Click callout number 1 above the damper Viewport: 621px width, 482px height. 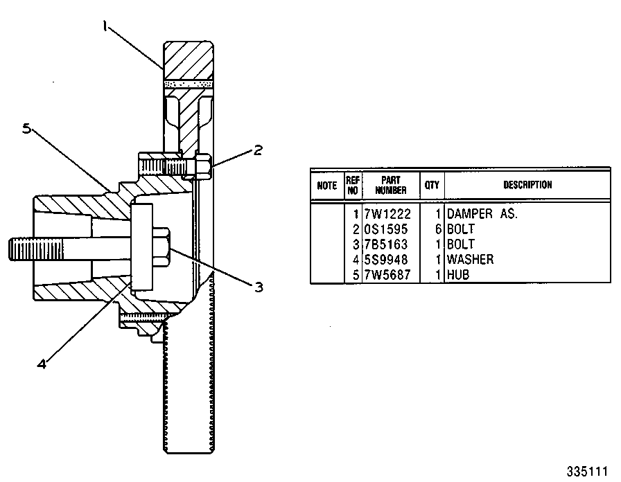pyautogui.click(x=105, y=26)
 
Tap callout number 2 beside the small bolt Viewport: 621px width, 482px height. pyautogui.click(x=258, y=150)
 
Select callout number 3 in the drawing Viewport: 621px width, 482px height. pyautogui.click(x=259, y=287)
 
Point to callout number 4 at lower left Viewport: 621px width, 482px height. pyautogui.click(x=42, y=364)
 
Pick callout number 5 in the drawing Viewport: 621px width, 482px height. pyautogui.click(x=26, y=129)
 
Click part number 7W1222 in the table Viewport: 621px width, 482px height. pyautogui.click(x=387, y=214)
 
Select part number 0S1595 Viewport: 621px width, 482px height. pyautogui.click(x=386, y=229)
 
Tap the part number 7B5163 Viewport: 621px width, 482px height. pyautogui.click(x=386, y=244)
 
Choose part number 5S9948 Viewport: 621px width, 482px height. pyautogui.click(x=386, y=259)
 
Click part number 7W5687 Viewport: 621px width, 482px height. pyautogui.click(x=387, y=274)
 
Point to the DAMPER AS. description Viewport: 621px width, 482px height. pyautogui.click(x=482, y=214)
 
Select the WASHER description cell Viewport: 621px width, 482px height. pyautogui.click(x=470, y=259)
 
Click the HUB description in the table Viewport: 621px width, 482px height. pyautogui.click(x=458, y=274)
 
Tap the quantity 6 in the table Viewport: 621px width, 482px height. pyautogui.click(x=438, y=229)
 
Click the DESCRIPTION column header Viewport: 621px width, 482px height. pyautogui.click(x=527, y=185)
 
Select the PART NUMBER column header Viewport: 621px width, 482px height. pyautogui.click(x=391, y=185)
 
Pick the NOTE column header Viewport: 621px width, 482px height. pyautogui.click(x=326, y=185)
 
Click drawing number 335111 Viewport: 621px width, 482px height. pyautogui.click(x=587, y=472)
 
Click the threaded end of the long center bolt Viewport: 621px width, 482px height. pyautogui.click(x=35, y=249)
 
